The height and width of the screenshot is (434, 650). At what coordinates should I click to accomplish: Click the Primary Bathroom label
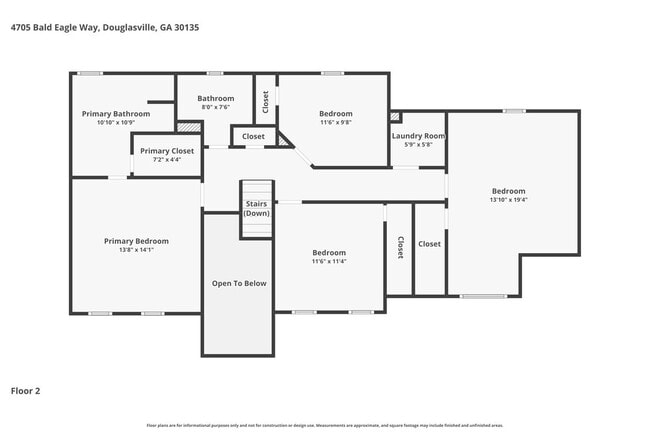pyautogui.click(x=116, y=114)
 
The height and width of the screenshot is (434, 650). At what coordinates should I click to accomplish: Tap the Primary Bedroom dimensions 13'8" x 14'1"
pyautogui.click(x=137, y=250)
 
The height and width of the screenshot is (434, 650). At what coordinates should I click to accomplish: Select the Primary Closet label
pyautogui.click(x=161, y=150)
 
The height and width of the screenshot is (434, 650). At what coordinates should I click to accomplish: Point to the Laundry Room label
pyautogui.click(x=418, y=136)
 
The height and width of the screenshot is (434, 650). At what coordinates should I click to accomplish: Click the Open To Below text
pyautogui.click(x=239, y=283)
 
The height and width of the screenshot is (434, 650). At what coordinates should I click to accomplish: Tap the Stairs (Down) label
pyautogui.click(x=257, y=208)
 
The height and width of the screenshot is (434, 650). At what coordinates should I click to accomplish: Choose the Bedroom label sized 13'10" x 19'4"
pyautogui.click(x=508, y=191)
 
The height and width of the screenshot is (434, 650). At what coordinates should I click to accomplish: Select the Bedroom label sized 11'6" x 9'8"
pyautogui.click(x=335, y=114)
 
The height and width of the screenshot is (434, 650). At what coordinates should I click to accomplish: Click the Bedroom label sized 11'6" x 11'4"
pyautogui.click(x=328, y=253)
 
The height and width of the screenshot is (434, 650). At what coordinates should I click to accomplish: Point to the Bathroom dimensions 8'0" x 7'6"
pyautogui.click(x=215, y=108)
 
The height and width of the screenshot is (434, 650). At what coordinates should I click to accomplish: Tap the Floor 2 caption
pyautogui.click(x=26, y=391)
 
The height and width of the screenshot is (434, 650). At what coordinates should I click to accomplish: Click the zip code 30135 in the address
pyautogui.click(x=185, y=27)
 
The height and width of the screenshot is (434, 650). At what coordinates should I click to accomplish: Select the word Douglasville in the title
pyautogui.click(x=127, y=27)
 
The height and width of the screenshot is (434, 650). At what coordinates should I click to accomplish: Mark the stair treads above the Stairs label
pyautogui.click(x=257, y=190)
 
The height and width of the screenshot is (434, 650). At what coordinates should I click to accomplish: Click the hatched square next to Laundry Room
pyautogui.click(x=394, y=117)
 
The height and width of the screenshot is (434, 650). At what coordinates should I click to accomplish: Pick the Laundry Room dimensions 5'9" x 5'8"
pyautogui.click(x=418, y=145)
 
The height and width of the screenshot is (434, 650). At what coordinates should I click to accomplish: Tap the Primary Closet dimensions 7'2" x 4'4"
pyautogui.click(x=161, y=159)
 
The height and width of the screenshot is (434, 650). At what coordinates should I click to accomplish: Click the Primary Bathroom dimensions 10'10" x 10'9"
pyautogui.click(x=116, y=123)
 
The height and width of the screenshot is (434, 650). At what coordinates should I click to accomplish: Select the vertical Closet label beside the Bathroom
pyautogui.click(x=265, y=100)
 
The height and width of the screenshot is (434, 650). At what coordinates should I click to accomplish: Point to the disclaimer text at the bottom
pyautogui.click(x=325, y=424)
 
